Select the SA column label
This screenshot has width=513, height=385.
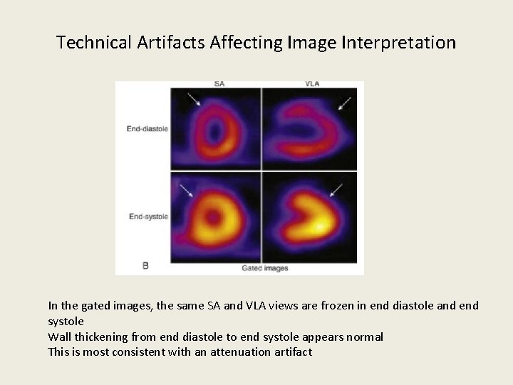point(219,84)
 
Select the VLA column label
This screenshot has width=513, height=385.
point(312,84)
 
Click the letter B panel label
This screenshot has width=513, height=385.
point(145,265)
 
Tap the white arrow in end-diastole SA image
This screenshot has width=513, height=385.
point(193,99)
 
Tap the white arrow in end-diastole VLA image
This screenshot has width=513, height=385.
point(345,103)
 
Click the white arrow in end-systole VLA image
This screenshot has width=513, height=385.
point(336,190)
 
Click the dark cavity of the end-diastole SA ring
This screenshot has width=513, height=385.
point(215,132)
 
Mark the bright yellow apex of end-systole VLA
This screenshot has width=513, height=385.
point(323,227)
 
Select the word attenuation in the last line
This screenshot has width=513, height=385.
point(240,351)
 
